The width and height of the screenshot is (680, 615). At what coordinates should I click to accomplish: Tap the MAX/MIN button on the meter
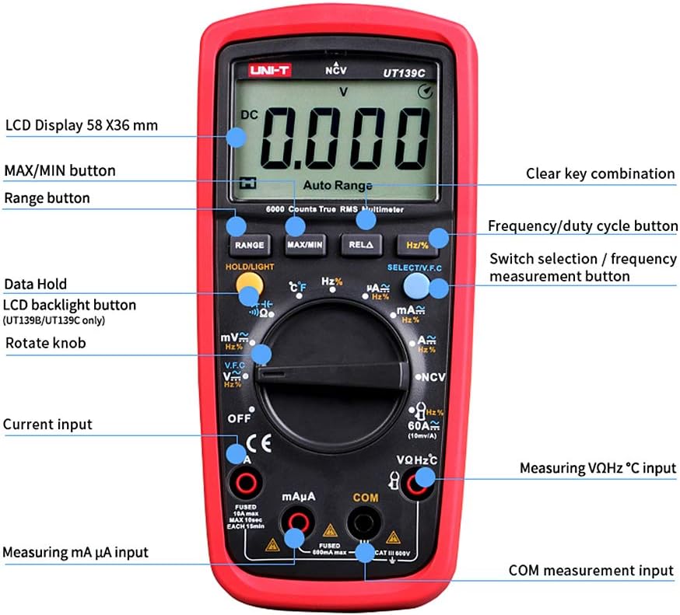[304, 245]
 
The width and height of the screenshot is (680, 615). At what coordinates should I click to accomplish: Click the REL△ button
[361, 245]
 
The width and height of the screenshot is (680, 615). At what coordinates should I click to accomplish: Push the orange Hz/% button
[417, 245]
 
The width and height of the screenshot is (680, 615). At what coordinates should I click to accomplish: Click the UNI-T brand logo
[269, 71]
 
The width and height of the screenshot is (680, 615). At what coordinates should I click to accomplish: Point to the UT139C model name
[402, 72]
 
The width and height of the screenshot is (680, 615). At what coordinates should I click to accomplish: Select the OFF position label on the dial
[240, 418]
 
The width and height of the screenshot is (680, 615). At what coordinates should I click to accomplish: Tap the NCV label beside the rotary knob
[433, 377]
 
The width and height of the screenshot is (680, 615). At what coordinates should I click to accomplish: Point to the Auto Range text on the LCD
[337, 186]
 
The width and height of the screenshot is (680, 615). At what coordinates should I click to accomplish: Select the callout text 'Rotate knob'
[45, 343]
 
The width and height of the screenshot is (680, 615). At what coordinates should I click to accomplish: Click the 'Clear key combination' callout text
[600, 173]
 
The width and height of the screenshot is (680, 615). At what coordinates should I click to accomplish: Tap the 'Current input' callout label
[47, 425]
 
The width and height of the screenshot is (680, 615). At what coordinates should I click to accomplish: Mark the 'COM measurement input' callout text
[591, 571]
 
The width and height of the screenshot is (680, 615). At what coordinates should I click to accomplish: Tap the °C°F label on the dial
[296, 287]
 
